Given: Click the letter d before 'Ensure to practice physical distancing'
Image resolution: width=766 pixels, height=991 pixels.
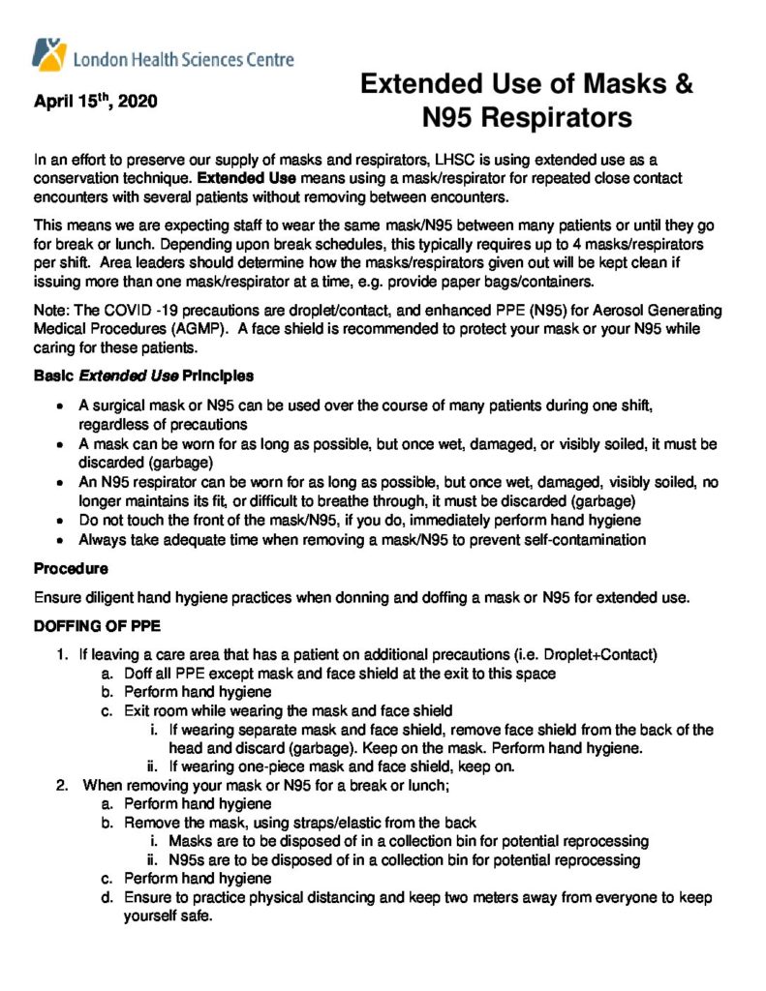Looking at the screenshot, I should [106, 897].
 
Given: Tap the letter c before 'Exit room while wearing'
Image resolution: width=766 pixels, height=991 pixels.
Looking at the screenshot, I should [106, 711].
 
